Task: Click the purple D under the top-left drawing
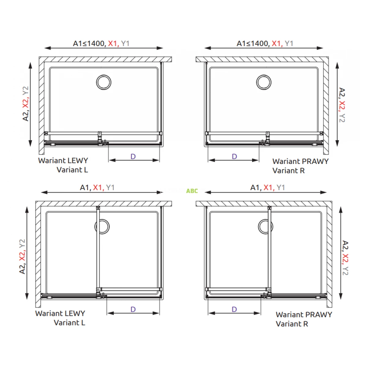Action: tap(133, 157)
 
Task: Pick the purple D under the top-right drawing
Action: tap(235, 157)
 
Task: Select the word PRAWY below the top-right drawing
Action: tap(315, 161)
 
